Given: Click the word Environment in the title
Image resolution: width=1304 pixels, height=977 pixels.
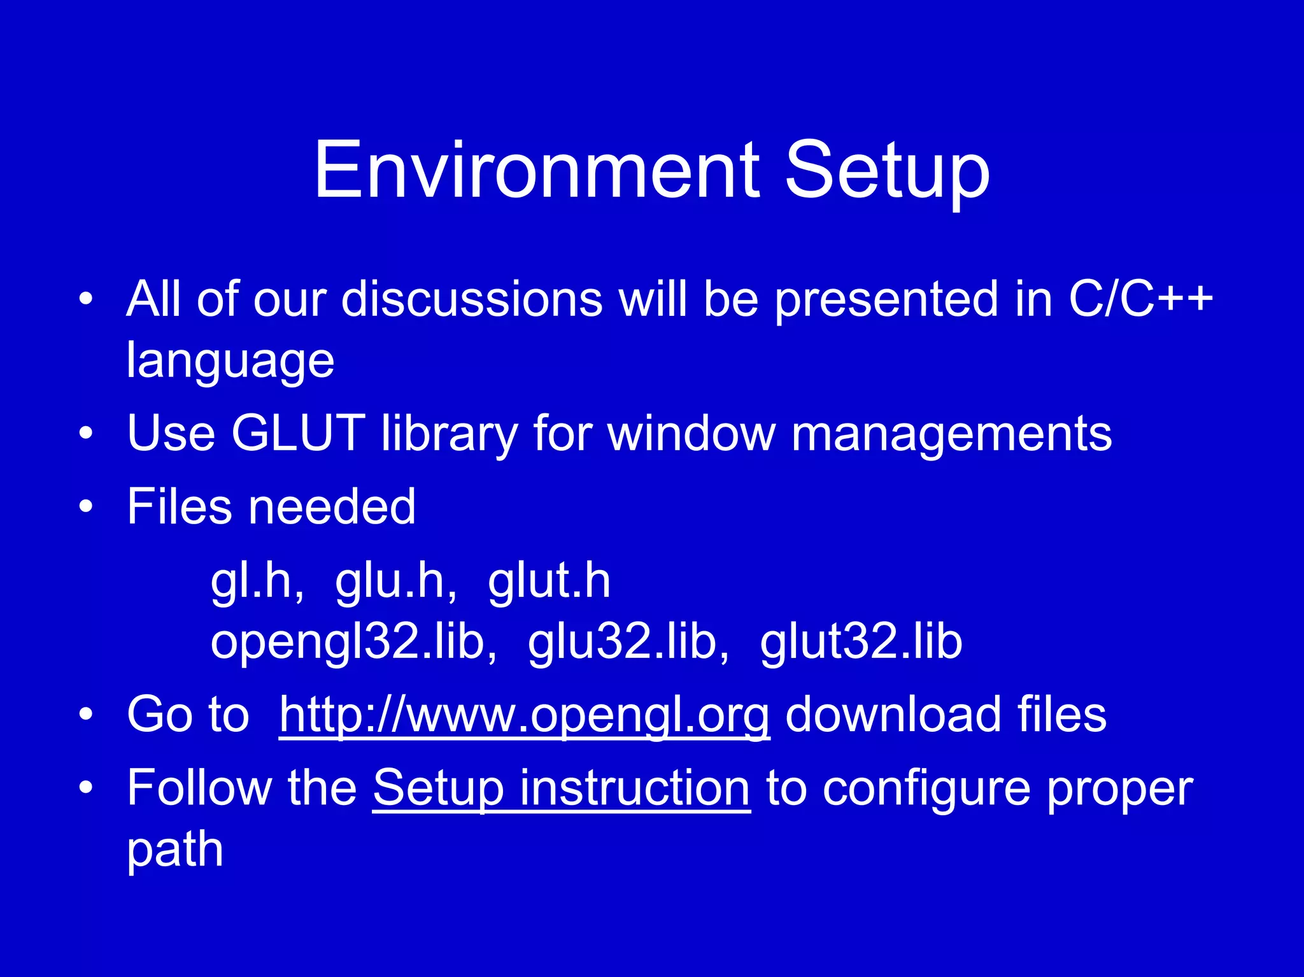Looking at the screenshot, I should (537, 171).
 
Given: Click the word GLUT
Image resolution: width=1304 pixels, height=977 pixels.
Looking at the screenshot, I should (298, 433).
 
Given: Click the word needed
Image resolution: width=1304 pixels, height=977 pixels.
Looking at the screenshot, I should (332, 507).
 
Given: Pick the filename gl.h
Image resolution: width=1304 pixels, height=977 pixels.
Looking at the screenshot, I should (257, 581).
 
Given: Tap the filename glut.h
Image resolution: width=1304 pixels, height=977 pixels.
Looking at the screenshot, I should (549, 581).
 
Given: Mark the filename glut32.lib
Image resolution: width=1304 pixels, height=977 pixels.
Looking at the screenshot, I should (861, 642).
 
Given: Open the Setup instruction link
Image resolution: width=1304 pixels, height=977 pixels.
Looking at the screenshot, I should (561, 788).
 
